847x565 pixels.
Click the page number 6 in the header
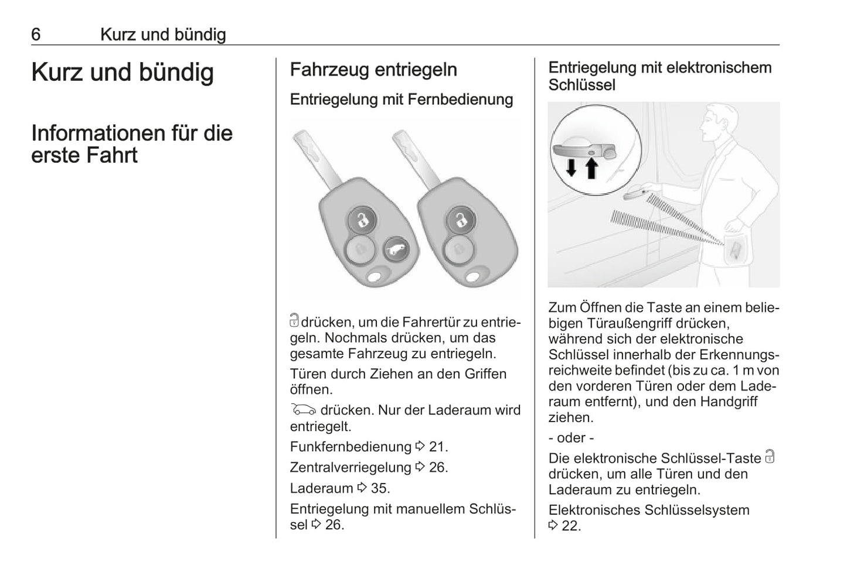click(x=36, y=35)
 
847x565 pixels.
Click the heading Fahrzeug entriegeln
click(x=373, y=70)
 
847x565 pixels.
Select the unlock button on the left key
click(x=363, y=221)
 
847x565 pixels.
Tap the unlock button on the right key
click(x=461, y=221)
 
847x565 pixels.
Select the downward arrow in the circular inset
click(x=571, y=167)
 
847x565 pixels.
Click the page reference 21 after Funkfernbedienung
click(x=438, y=447)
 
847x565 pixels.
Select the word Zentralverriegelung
click(x=351, y=467)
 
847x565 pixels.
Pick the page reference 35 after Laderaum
click(x=380, y=488)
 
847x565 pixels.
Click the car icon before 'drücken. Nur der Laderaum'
click(x=303, y=410)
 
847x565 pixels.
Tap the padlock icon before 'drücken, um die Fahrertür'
click(x=294, y=321)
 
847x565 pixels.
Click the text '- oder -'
click(x=572, y=438)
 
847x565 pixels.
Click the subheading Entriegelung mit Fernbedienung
click(x=402, y=100)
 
